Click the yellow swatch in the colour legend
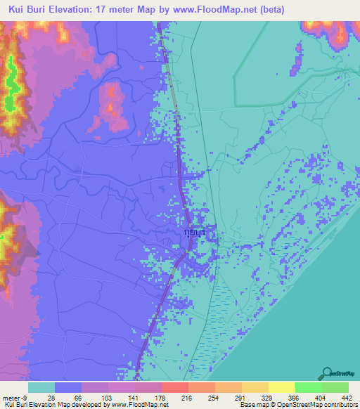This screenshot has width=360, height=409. [x=282, y=388]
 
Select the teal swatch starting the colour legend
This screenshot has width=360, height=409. [x=41, y=388]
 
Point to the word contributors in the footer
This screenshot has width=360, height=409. [x=340, y=405]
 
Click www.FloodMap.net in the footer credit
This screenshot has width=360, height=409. [x=139, y=405]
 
